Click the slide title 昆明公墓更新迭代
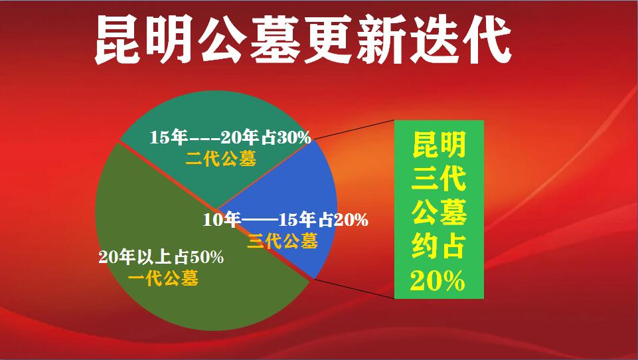coord(302,41)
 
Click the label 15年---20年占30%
coord(230,138)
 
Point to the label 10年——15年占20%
coord(285,220)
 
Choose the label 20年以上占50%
coord(161,257)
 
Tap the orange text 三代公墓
coord(282,240)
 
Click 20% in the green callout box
coord(438,282)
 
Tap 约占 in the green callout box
coord(439,248)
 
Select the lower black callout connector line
coord(352,289)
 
